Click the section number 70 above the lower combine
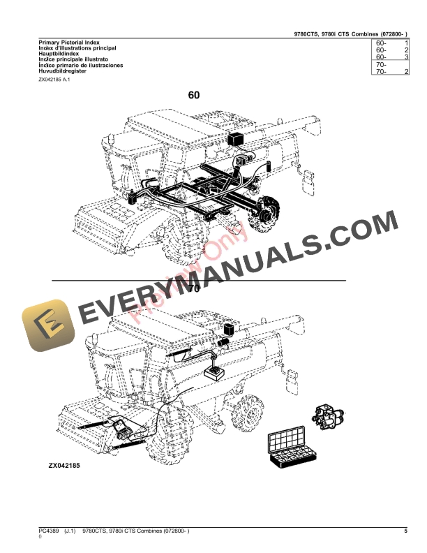click(x=193, y=288)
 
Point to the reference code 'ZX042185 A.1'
click(x=54, y=80)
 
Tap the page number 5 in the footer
click(x=405, y=532)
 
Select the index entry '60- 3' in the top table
click(x=391, y=57)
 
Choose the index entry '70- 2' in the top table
click(x=391, y=72)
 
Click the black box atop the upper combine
click(x=236, y=137)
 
